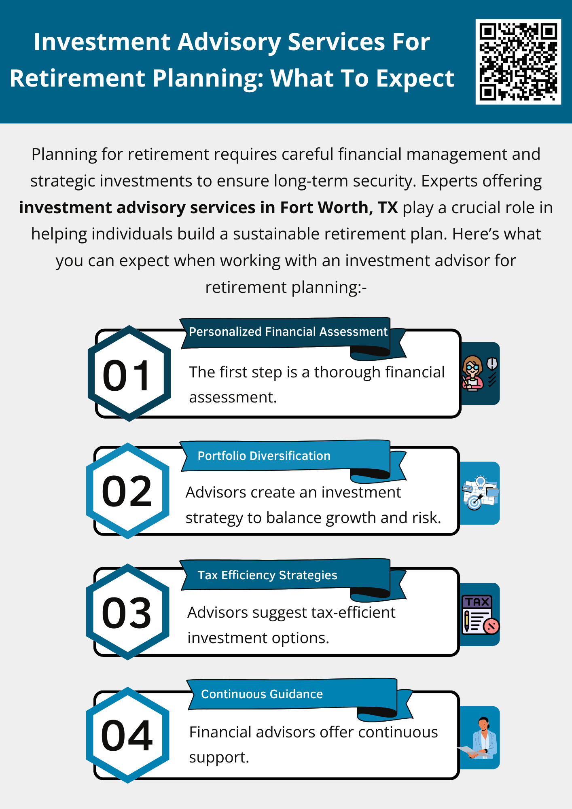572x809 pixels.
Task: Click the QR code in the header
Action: [518, 61]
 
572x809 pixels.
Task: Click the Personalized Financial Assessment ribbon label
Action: [288, 332]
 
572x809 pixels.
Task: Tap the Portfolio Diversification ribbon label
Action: [264, 456]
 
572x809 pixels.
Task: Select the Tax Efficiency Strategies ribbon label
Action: [267, 575]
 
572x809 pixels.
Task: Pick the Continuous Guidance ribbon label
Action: [262, 694]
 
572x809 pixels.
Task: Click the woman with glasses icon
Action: [472, 373]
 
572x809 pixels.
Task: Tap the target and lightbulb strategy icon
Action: [480, 493]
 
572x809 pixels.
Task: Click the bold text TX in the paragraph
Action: [388, 208]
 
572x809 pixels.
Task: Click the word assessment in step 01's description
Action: [233, 398]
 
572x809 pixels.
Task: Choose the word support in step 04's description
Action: [219, 758]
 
